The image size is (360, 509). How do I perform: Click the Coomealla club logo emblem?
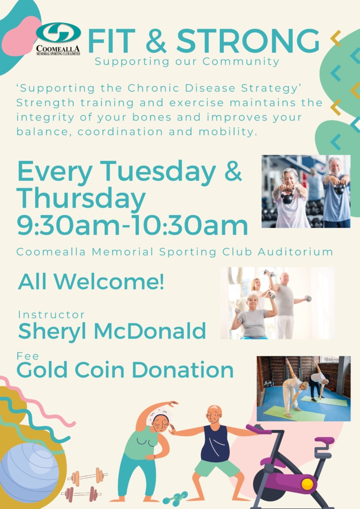[58, 33]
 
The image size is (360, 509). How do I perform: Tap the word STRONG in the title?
[248, 41]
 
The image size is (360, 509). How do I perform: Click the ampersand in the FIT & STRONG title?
[156, 41]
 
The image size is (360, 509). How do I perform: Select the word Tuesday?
[158, 172]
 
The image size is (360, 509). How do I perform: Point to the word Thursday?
[81, 198]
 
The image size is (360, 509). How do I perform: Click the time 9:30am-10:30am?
[132, 225]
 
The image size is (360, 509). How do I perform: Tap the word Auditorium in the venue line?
[296, 252]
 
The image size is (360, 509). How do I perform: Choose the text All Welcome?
[91, 282]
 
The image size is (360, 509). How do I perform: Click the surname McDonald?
[150, 331]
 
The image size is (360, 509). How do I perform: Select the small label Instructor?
[51, 315]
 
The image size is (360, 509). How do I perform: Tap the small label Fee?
[28, 356]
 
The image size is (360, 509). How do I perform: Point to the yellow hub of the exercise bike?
[307, 484]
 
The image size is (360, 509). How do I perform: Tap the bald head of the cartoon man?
[214, 413]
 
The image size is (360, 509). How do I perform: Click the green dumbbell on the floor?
[176, 499]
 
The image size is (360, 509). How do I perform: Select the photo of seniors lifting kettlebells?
[306, 191]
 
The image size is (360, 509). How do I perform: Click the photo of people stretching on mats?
[304, 388]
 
